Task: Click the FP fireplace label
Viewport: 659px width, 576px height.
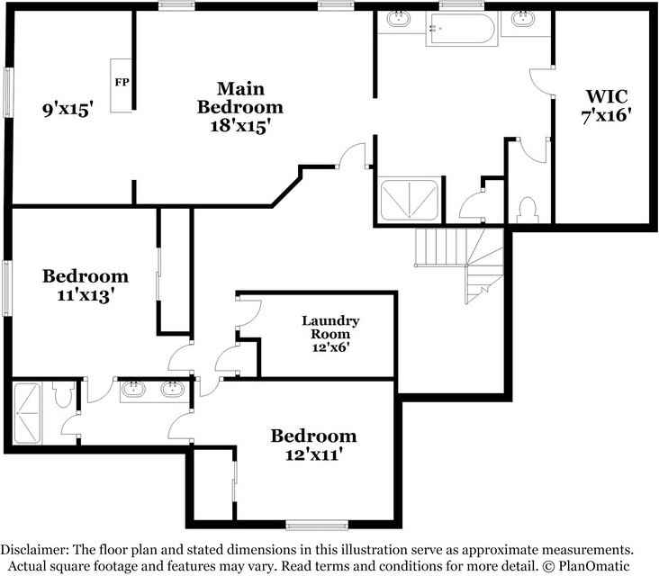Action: (121, 82)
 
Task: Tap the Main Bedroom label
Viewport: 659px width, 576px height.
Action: (240, 97)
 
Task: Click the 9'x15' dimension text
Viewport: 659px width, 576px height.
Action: (68, 111)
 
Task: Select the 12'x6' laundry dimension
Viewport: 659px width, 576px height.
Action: (329, 346)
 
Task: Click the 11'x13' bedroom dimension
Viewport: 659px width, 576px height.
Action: (85, 294)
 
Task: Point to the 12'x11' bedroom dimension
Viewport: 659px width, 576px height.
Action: (313, 455)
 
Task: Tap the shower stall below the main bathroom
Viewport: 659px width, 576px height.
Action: (410, 199)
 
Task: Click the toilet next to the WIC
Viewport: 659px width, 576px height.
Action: (528, 208)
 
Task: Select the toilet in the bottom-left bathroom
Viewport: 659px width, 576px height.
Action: (63, 393)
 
